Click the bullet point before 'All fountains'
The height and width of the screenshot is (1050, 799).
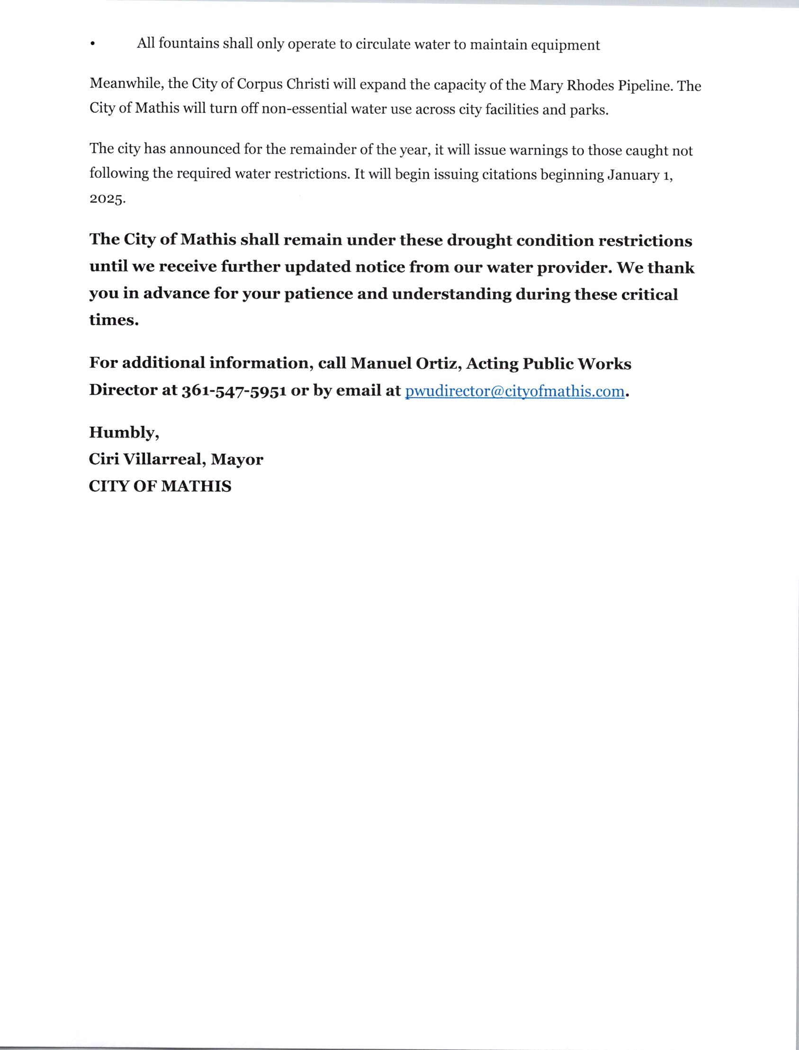click(x=92, y=44)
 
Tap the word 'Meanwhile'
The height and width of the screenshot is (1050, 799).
click(x=126, y=84)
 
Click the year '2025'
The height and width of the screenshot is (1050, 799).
click(x=107, y=198)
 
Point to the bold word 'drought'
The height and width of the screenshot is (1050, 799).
click(x=479, y=240)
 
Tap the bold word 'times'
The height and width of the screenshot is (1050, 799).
click(x=113, y=320)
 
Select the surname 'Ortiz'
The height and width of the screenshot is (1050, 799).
click(x=438, y=364)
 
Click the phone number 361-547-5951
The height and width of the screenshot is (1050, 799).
click(x=233, y=390)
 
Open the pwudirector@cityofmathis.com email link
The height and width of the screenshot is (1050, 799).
click(x=514, y=391)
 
